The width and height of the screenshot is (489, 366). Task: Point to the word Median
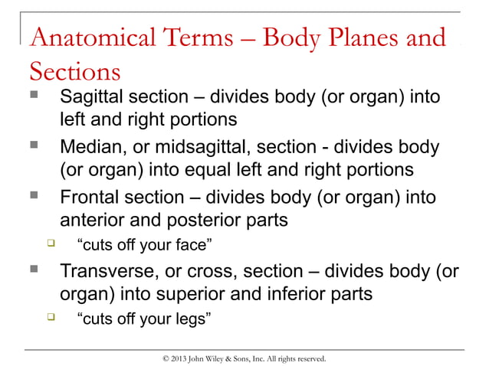coord(91,147)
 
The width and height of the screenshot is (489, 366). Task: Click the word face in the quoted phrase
coord(195,245)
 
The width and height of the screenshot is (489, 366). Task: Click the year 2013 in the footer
coord(178,358)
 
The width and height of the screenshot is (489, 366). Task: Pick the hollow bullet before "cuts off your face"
coord(51,244)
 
